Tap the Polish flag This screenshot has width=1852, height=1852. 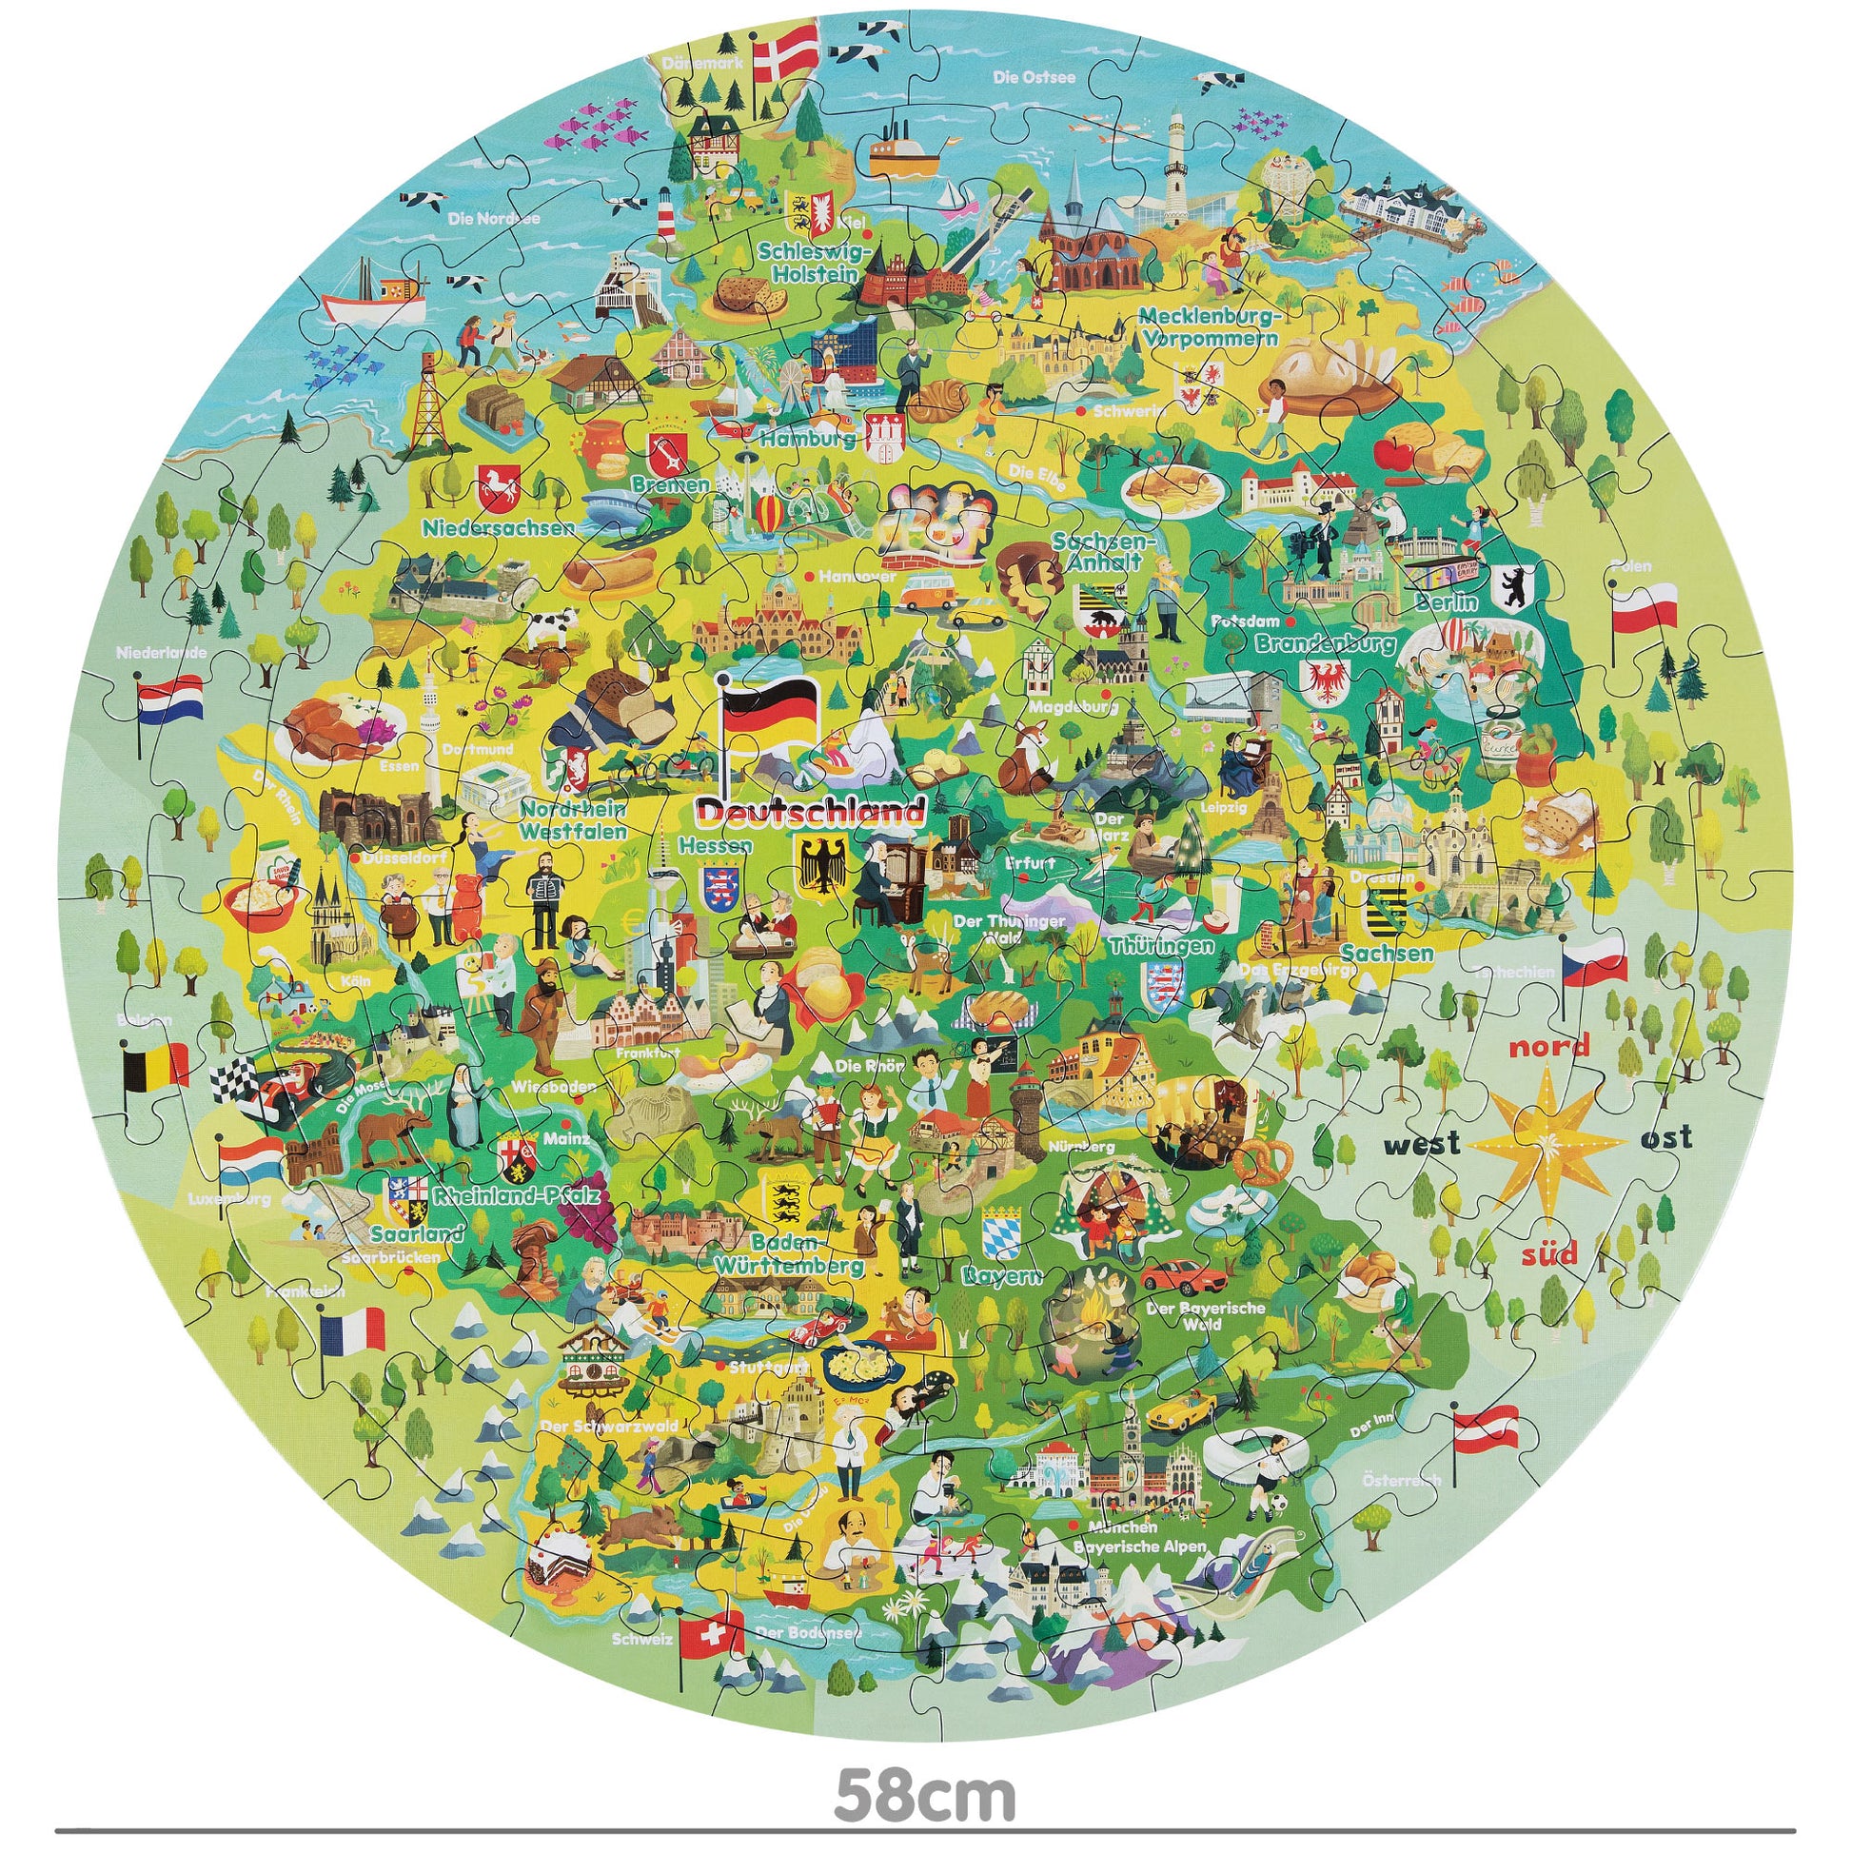click(1645, 607)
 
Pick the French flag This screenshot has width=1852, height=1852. click(352, 1331)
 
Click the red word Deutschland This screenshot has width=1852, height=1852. click(810, 813)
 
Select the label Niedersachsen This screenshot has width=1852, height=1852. click(499, 526)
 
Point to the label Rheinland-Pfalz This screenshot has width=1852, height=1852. click(517, 1195)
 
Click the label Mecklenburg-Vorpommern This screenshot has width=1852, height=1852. click(1210, 325)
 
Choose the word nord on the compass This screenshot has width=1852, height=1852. click(1549, 1046)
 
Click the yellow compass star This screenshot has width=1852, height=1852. click(1547, 1141)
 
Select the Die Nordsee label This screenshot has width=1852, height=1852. click(495, 219)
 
